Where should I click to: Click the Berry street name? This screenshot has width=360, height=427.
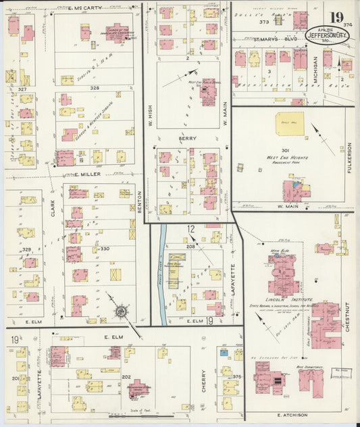[188, 139]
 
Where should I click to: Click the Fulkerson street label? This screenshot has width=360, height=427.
[349, 157]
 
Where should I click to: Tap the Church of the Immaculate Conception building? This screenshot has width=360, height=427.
[116, 32]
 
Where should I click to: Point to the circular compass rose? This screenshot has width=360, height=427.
[122, 311]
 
